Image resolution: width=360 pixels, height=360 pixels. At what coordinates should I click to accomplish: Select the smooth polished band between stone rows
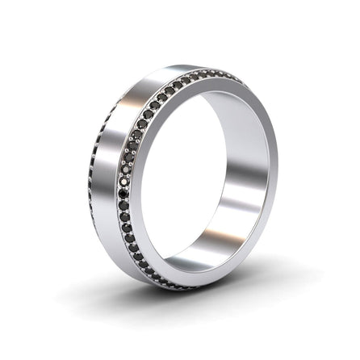pyautogui.click(x=105, y=161)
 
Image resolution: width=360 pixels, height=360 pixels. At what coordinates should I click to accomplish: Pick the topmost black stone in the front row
pyautogui.click(x=235, y=75)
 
